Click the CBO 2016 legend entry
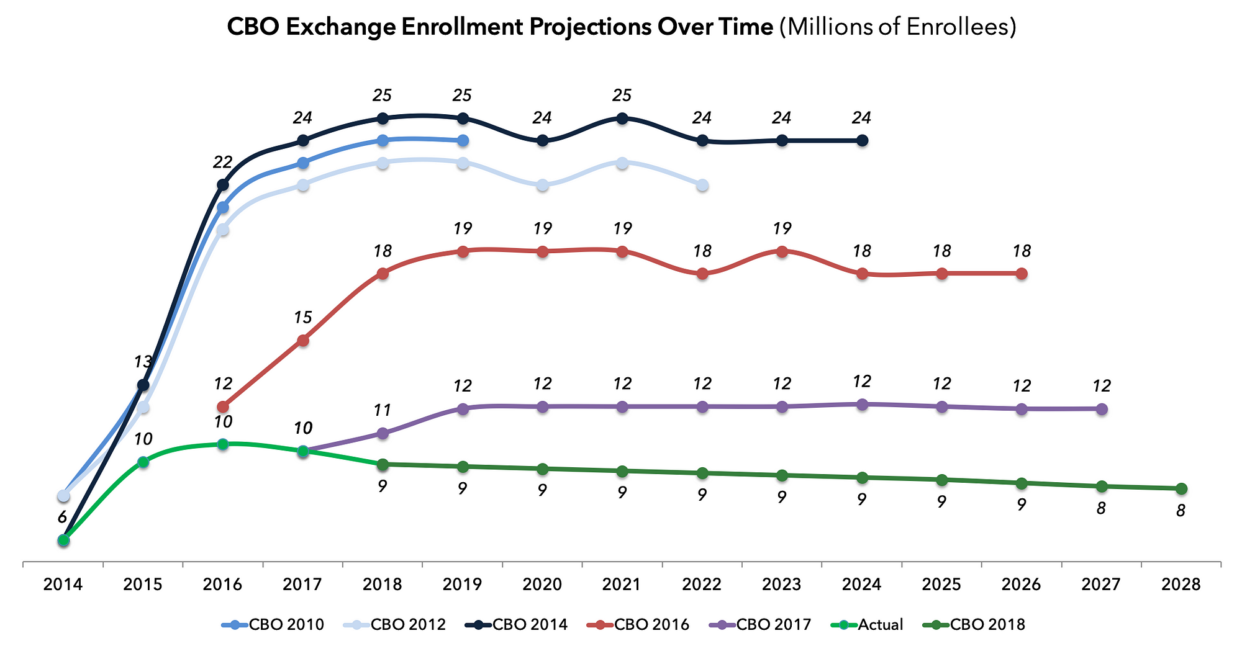click(638, 624)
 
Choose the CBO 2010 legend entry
click(273, 624)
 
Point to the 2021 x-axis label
click(622, 585)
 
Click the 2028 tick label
click(1181, 585)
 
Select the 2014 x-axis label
click(63, 585)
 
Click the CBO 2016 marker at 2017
click(303, 340)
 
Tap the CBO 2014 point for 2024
click(862, 141)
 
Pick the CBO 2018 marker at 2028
click(1181, 489)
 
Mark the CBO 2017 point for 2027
click(1102, 409)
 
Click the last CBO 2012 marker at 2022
click(702, 185)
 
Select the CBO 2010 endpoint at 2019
click(463, 141)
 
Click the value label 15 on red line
click(302, 318)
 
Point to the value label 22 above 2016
click(222, 163)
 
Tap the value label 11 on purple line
click(383, 410)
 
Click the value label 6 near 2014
click(62, 517)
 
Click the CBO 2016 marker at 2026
click(1022, 274)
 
